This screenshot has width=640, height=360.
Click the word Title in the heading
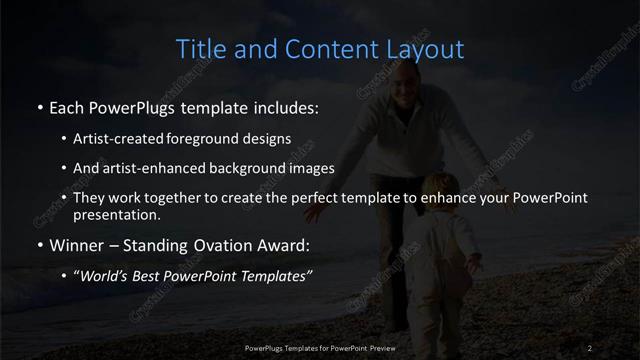tap(200, 49)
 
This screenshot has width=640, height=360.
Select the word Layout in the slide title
tap(427, 49)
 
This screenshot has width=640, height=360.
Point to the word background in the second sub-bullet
tap(252, 168)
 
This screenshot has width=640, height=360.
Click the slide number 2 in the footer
tap(591, 347)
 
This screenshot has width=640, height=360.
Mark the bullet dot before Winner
tap(39, 245)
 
